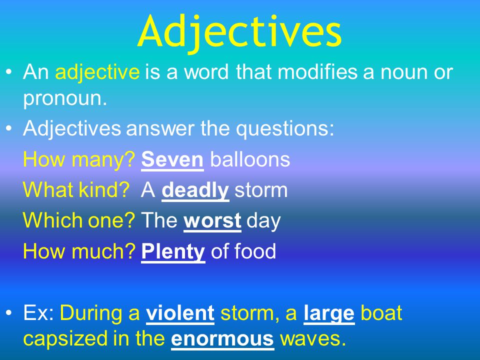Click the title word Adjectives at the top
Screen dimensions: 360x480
click(240, 31)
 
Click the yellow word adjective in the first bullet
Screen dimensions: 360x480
click(97, 72)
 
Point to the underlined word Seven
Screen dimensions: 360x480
click(172, 159)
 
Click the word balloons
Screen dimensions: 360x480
click(250, 159)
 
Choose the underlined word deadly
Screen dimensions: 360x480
click(195, 190)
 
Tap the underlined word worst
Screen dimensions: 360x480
click(213, 221)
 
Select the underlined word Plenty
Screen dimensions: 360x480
click(173, 251)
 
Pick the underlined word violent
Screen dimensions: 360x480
click(180, 313)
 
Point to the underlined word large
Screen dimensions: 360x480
click(329, 313)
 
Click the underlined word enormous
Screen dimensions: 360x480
click(222, 338)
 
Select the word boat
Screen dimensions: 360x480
click(381, 313)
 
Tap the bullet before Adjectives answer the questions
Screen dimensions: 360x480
click(9, 129)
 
